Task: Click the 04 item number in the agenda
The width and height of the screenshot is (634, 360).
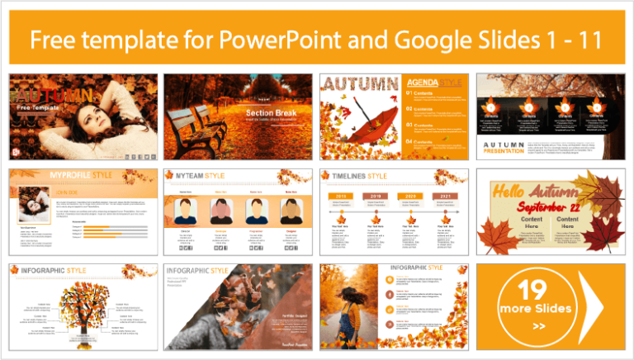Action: [411, 141]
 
